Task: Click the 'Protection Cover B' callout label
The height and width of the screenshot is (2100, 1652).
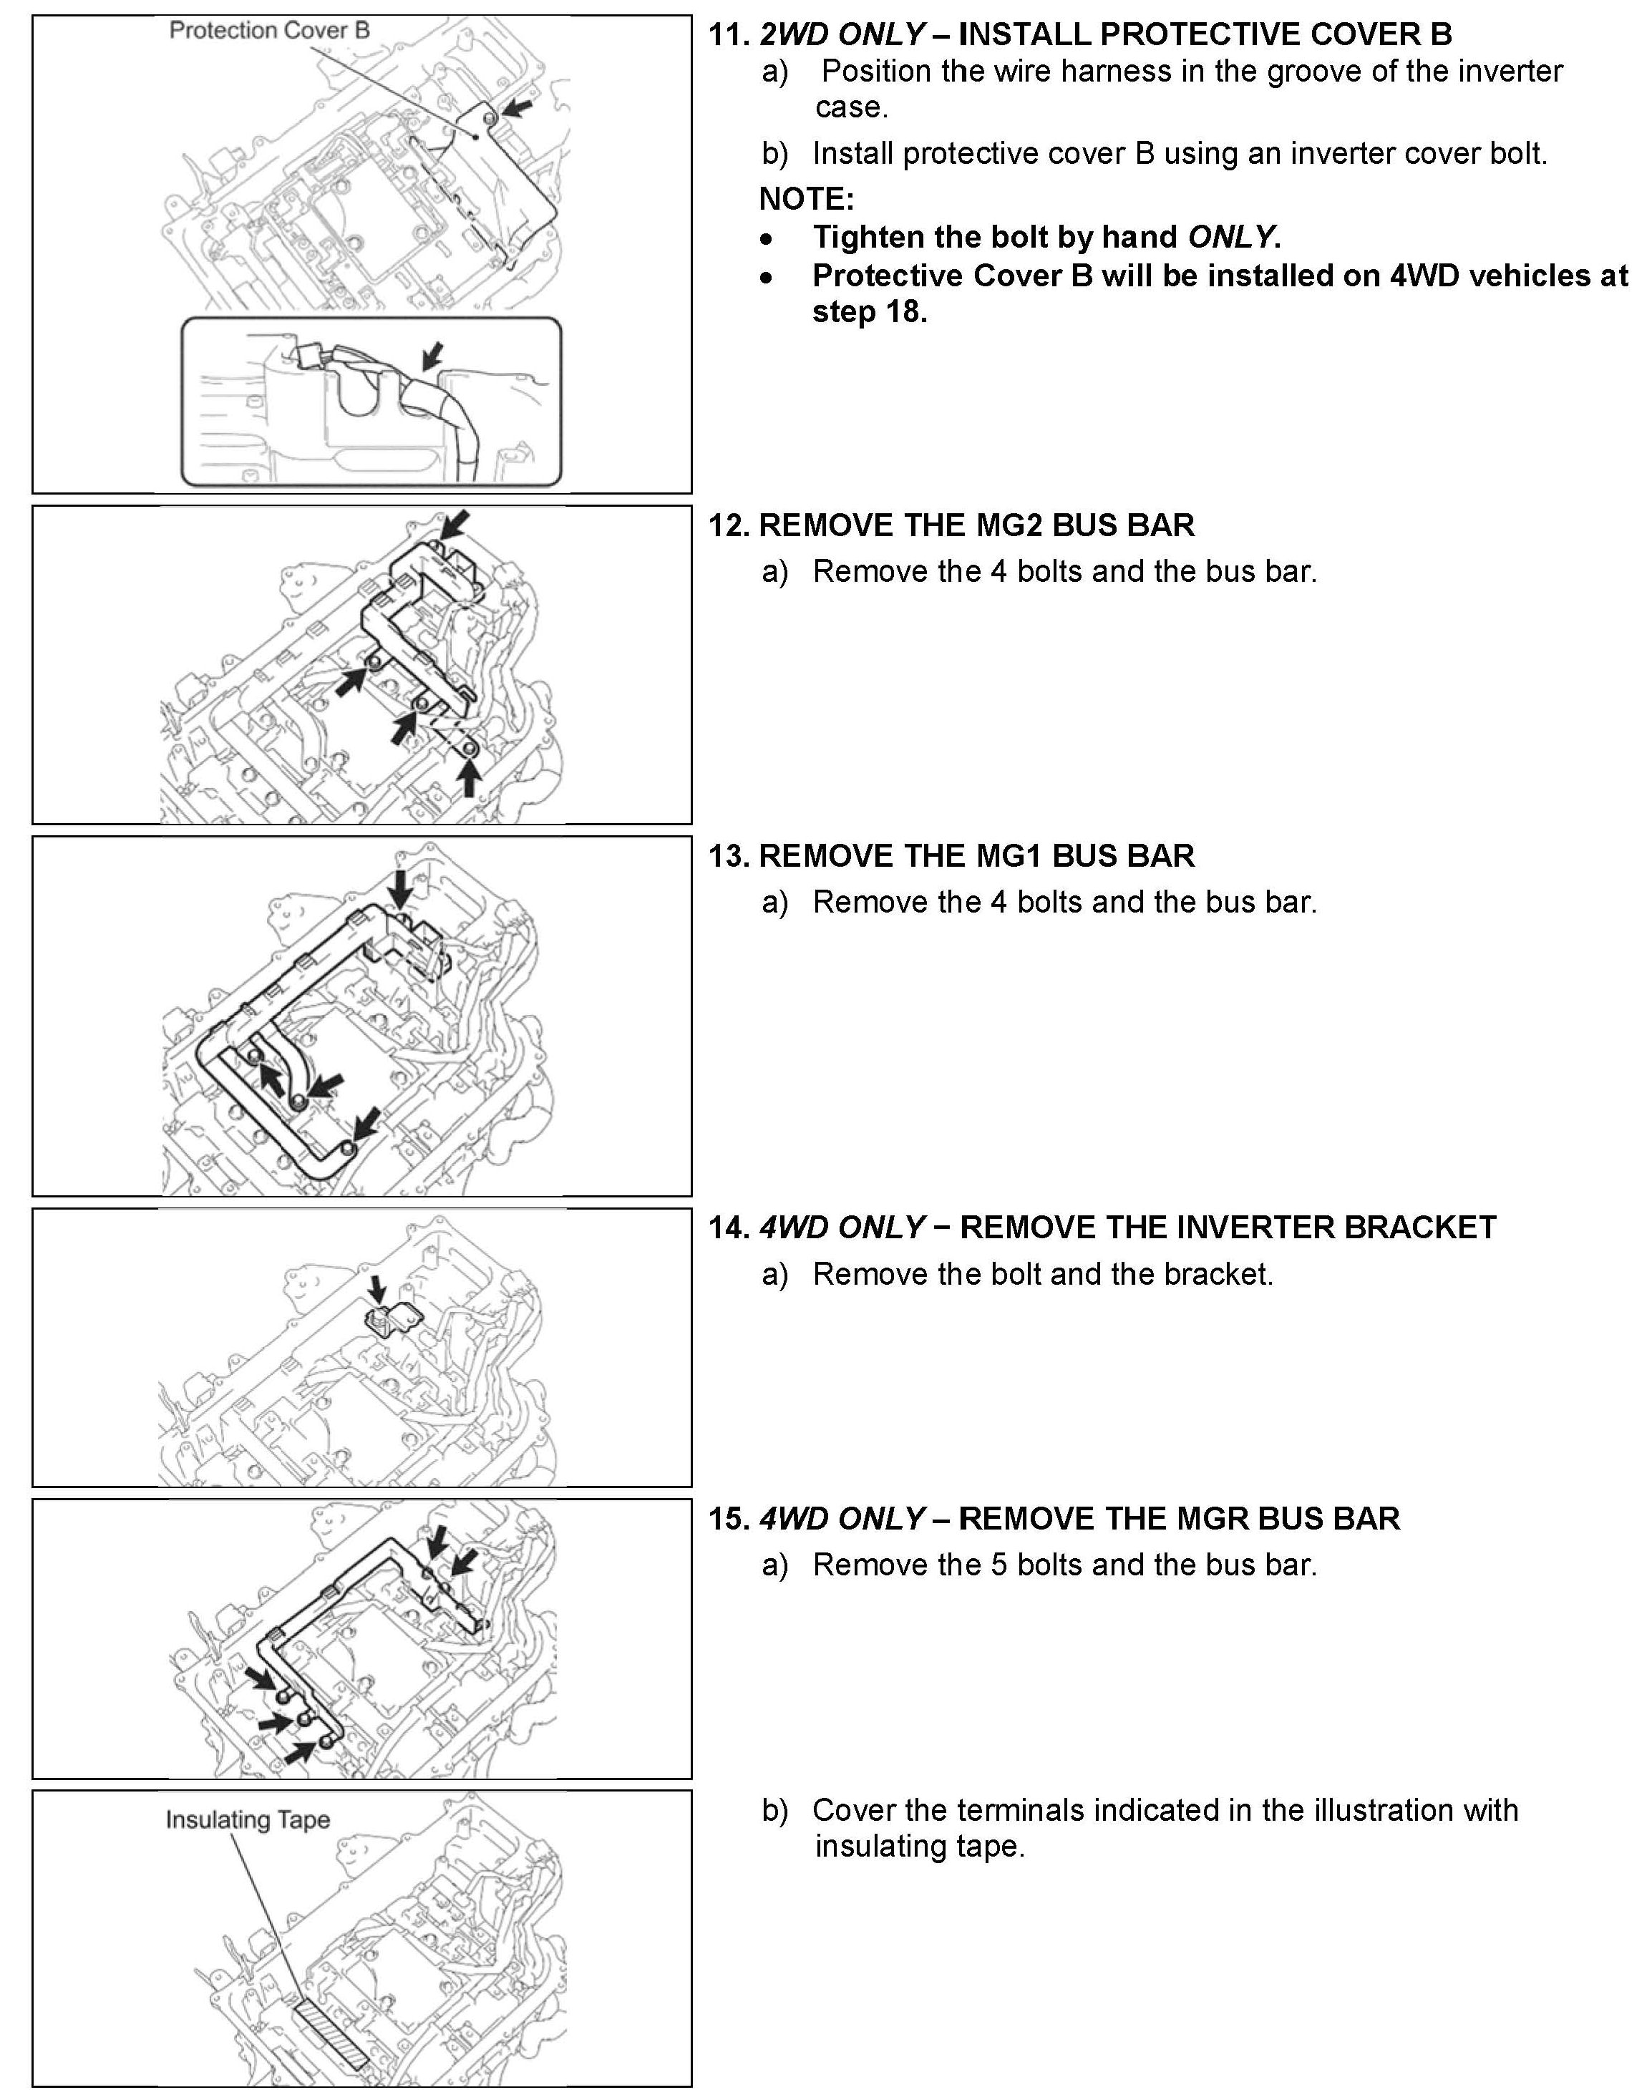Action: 269,30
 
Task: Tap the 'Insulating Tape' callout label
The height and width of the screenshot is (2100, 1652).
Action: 248,1819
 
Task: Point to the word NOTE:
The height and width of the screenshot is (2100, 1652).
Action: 806,199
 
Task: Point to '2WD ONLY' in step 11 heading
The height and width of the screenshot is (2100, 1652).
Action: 842,35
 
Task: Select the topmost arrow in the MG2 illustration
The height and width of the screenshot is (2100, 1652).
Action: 455,524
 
